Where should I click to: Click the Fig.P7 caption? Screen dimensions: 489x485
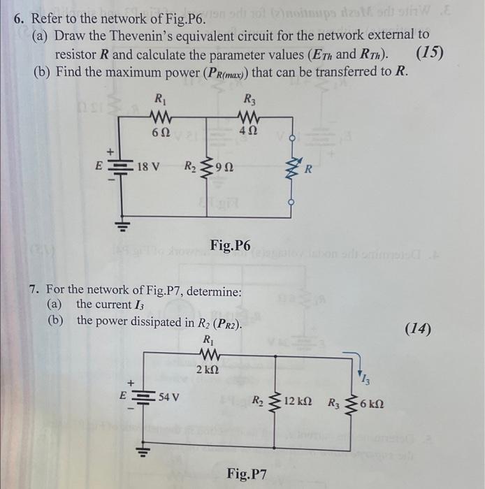(x=246, y=474)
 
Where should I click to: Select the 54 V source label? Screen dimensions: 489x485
(x=169, y=397)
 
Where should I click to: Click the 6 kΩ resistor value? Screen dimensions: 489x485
(x=372, y=404)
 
